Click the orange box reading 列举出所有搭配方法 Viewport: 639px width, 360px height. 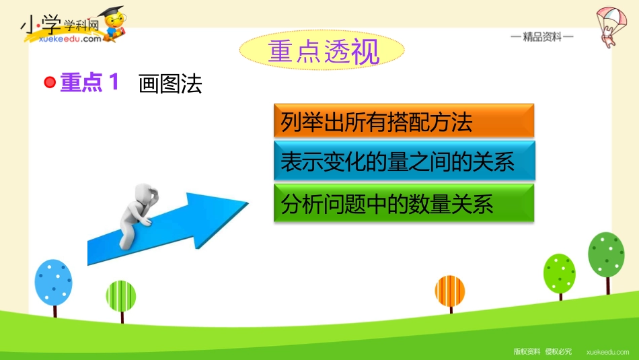[404, 120]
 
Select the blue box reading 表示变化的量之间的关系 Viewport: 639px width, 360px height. [404, 161]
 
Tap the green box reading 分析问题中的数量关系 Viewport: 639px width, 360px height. [404, 203]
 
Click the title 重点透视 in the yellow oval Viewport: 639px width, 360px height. [324, 51]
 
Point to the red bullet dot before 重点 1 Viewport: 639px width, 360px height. [50, 82]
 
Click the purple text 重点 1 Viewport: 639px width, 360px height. [89, 82]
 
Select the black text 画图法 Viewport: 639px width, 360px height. [170, 84]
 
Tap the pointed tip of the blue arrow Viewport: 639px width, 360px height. [248, 203]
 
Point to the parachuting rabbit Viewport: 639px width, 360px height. [611, 26]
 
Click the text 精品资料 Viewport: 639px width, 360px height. [542, 37]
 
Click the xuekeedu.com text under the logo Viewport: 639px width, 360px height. [70, 39]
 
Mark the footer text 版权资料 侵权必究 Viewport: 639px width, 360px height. [542, 351]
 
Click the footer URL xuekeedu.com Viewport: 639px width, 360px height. [607, 352]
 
